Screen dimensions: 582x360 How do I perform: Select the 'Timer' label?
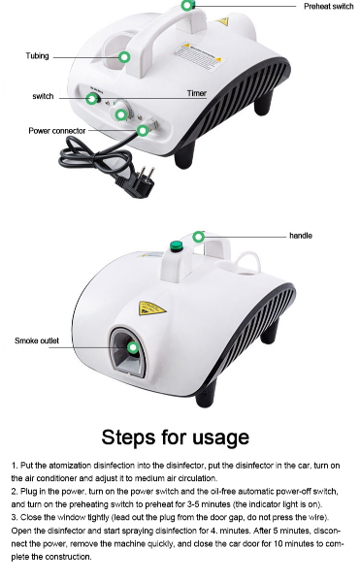pos(196,94)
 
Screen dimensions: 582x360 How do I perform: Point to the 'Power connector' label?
pos(56,130)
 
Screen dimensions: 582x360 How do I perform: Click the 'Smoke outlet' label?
pos(36,340)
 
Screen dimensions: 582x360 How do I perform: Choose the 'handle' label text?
pos(301,236)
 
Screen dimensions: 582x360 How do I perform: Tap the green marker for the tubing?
pos(124,57)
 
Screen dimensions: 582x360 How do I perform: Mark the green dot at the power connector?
pos(143,130)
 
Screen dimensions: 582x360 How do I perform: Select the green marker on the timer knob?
pos(121,115)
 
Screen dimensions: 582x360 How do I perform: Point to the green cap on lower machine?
pos(179,246)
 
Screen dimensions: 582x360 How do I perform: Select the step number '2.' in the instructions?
pos(15,492)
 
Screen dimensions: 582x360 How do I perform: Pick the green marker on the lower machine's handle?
pos(199,236)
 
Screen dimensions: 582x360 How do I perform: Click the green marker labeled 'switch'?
pos(92,99)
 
